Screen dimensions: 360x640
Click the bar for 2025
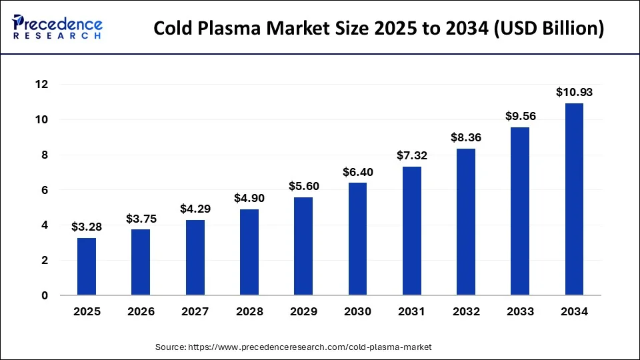point(87,267)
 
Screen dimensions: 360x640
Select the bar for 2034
point(574,199)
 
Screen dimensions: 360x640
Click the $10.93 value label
point(574,93)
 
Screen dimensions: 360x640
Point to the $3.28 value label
point(87,227)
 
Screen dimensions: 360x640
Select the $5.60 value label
point(303,187)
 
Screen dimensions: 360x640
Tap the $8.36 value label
point(466,138)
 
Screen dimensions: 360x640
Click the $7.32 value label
point(412,156)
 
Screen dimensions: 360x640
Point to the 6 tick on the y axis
point(45,190)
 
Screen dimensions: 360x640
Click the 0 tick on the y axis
point(45,295)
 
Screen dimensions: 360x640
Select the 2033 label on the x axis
point(520,311)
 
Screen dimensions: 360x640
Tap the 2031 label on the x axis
point(412,311)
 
